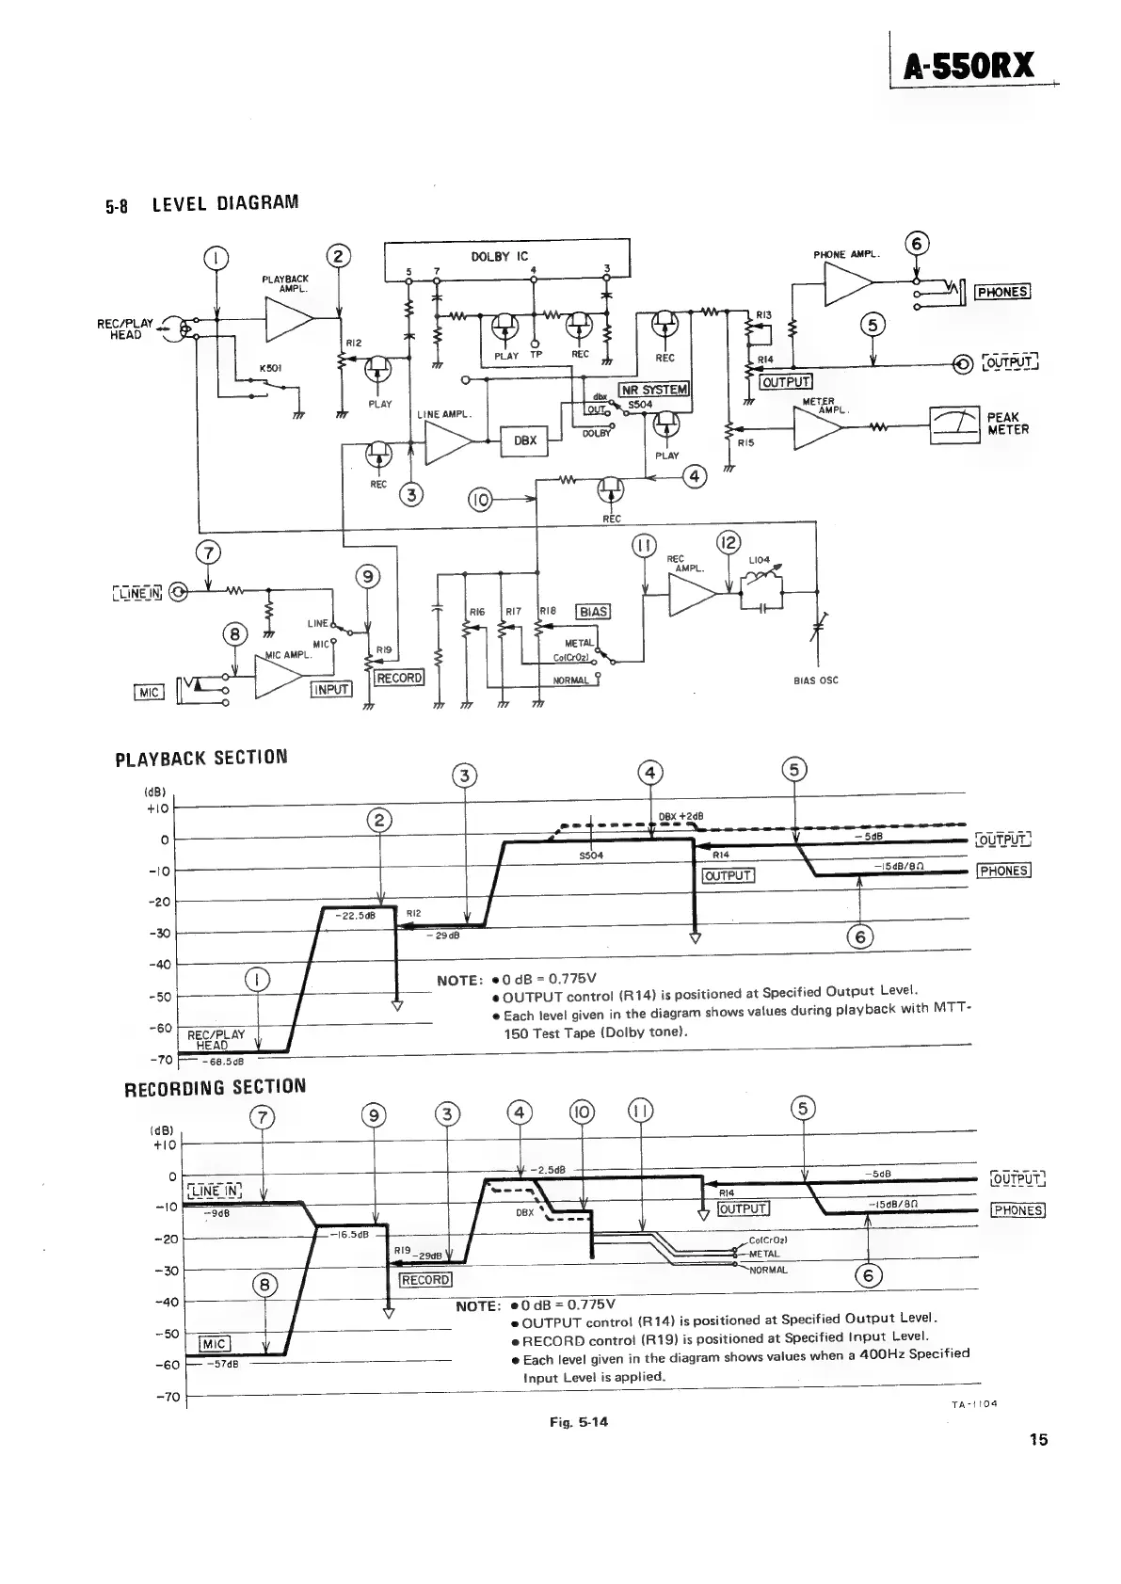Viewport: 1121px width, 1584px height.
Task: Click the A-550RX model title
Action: point(969,66)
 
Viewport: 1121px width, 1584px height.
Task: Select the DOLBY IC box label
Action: point(499,256)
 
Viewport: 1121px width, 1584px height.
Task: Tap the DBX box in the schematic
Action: point(524,440)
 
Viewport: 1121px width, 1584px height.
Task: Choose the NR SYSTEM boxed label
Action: point(653,390)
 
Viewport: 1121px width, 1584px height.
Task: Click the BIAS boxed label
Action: point(593,612)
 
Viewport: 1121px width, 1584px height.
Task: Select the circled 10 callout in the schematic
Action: point(480,499)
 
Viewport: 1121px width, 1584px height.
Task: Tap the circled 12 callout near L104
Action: point(729,543)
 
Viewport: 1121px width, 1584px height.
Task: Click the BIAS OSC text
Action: point(815,680)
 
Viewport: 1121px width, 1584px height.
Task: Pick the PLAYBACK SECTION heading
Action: point(200,758)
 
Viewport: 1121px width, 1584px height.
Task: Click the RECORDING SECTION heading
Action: point(216,1087)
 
